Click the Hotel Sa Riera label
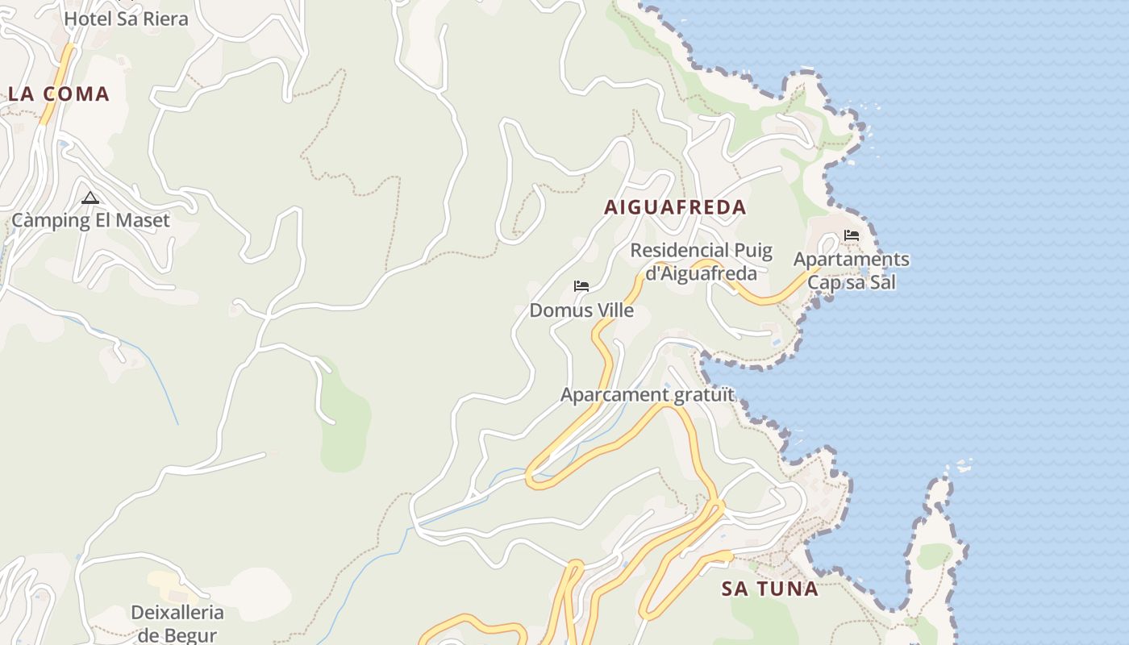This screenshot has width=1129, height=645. pos(126,19)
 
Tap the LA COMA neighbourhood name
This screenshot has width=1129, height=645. pos(59,94)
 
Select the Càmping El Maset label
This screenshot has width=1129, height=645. pos(90,220)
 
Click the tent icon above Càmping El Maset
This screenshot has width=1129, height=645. pos(90,198)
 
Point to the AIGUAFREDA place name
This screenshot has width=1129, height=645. pos(675,207)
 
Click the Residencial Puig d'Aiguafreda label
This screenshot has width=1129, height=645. pos(702,262)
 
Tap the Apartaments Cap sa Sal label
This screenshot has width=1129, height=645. pos(851,271)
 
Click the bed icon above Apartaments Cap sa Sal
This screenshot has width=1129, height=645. pos(851,235)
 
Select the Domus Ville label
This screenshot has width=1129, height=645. pos(581,310)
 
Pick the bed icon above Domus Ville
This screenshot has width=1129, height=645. pos(581,285)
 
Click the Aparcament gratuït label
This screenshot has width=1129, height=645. pos(648,395)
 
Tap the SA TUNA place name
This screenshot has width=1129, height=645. pos(770,589)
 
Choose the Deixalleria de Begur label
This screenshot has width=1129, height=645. pos(177,623)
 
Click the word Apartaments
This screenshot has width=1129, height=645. pos(851,260)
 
